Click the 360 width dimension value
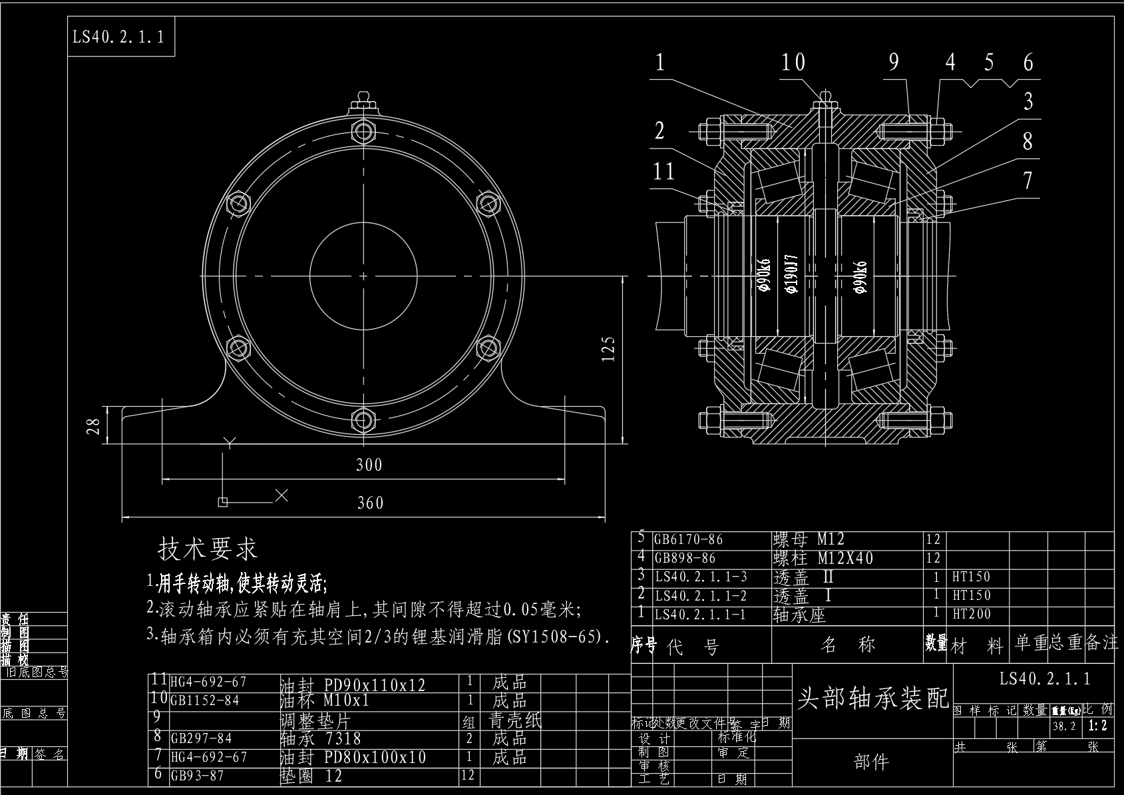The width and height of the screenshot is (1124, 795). (x=370, y=503)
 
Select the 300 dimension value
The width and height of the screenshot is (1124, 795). (x=369, y=465)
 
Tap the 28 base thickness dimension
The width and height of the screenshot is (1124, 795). (x=95, y=426)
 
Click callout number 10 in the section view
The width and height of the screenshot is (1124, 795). (x=793, y=63)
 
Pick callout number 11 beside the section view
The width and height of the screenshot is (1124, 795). (x=663, y=171)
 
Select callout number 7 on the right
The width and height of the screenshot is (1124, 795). (x=1028, y=180)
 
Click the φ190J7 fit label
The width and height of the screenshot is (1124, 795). (x=791, y=274)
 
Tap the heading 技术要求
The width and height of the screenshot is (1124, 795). (x=208, y=549)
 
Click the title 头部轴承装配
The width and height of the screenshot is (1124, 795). (x=873, y=698)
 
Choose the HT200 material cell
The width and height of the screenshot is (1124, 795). (x=972, y=614)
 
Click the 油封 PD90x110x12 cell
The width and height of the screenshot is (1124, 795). (x=353, y=684)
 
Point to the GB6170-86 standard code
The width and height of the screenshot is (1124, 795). (x=688, y=539)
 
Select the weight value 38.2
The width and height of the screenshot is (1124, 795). (x=1064, y=726)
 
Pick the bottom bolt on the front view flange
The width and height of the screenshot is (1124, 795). (x=363, y=419)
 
